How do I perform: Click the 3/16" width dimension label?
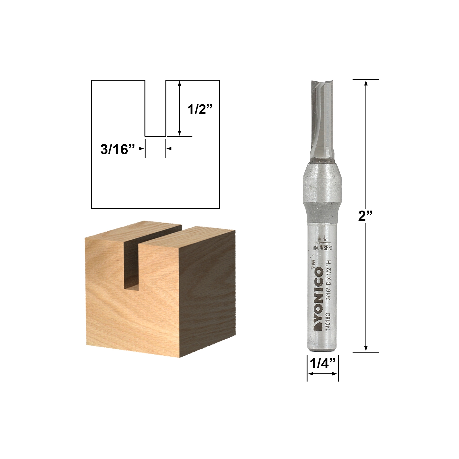pos(118,149)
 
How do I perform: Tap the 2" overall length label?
pos(365,216)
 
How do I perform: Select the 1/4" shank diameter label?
pos(323,364)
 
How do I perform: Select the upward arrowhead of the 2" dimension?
pos(366,83)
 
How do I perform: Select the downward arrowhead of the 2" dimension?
pos(366,349)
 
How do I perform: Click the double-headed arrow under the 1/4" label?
pos(322,374)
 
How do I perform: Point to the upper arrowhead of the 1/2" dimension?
pos(180,83)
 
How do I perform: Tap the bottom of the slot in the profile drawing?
pos(155,136)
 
